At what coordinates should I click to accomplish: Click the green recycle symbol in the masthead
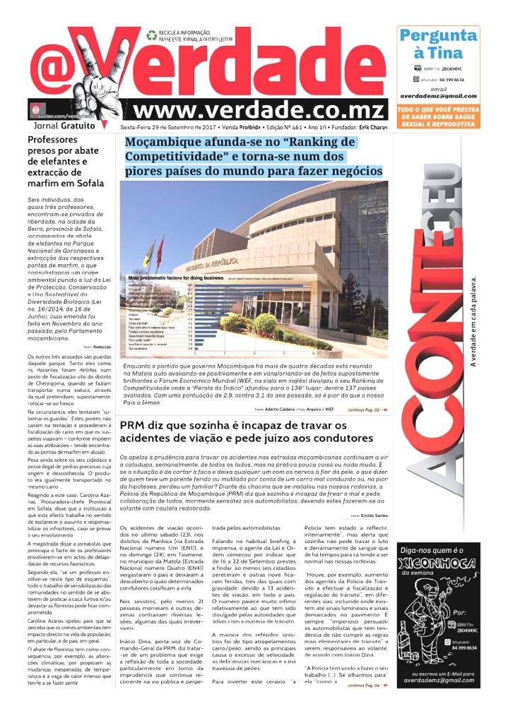[x=151, y=33]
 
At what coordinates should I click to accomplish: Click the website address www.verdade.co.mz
[x=260, y=110]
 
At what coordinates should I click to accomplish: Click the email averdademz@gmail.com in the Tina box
[x=437, y=96]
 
